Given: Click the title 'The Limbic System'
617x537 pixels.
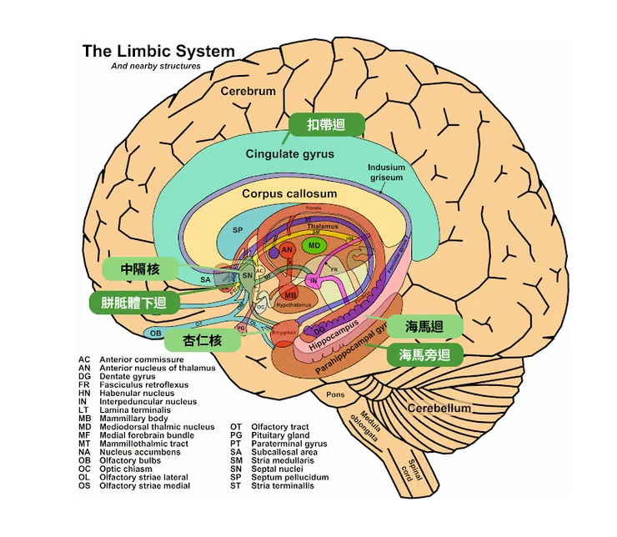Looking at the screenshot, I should tap(158, 51).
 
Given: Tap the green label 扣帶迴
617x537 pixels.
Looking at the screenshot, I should tap(326, 125).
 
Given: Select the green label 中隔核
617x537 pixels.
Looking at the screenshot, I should tap(139, 268).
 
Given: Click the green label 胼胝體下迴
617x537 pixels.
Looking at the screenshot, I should tap(133, 302).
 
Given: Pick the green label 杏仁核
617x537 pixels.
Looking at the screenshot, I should tap(203, 340).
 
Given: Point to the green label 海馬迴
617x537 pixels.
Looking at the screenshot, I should tap(424, 326).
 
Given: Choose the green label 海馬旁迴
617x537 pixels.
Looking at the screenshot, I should tap(424, 355).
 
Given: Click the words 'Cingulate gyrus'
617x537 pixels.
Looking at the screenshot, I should tap(289, 154).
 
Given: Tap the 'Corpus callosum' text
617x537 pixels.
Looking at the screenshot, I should tap(289, 193).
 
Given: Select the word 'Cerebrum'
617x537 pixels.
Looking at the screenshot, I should tap(248, 91).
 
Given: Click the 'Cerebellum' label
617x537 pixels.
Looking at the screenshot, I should tap(439, 409).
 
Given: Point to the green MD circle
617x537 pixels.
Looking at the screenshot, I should tap(314, 246).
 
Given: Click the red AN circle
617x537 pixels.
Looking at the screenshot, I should tap(287, 250).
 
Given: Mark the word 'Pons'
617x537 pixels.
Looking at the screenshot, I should tap(335, 394).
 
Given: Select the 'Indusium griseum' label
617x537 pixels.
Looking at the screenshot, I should tap(385, 172).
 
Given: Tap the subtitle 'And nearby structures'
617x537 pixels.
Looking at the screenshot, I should tap(155, 66).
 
